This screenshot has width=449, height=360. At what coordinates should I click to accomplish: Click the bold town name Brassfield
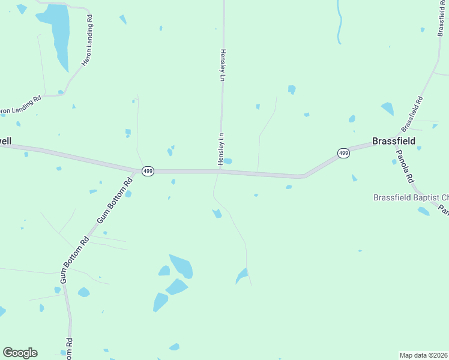point(393,142)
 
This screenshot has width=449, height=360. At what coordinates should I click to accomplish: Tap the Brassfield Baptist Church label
point(411,197)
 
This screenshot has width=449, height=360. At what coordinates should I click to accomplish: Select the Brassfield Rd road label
point(412,115)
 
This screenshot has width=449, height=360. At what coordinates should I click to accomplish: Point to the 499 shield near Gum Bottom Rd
point(148,172)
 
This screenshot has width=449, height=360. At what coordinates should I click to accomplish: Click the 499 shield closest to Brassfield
point(343,154)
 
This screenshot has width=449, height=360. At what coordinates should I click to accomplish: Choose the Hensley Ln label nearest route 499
point(221,149)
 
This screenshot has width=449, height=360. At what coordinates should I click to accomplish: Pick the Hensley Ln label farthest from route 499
point(222,65)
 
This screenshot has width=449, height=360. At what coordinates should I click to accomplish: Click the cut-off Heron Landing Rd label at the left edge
point(20,104)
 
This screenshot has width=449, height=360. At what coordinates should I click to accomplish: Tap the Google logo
point(20,353)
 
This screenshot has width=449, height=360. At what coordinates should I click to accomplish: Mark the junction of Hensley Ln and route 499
point(220,171)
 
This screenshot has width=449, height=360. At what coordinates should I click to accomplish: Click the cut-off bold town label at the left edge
point(5,141)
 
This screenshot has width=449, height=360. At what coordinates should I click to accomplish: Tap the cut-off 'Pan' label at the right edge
point(443,210)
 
